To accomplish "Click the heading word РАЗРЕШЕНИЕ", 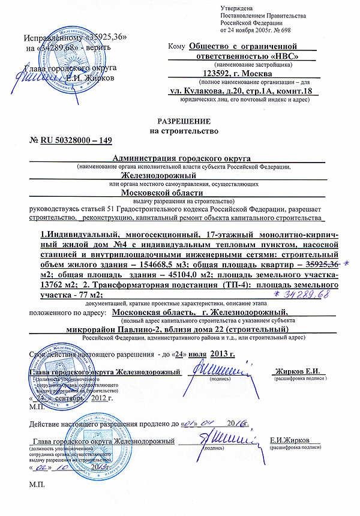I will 179,121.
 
